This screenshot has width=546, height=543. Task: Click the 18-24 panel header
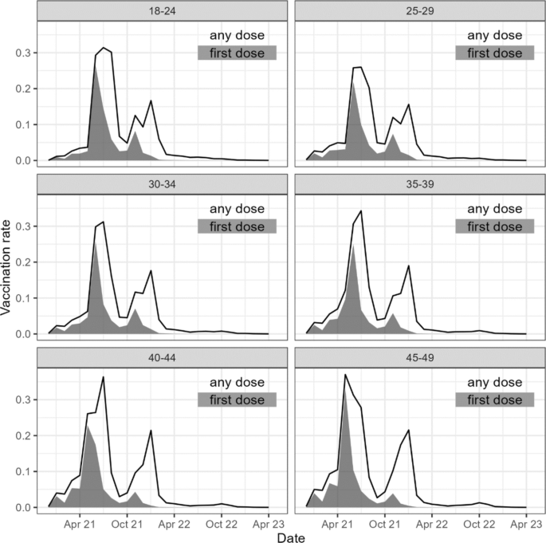pyautogui.click(x=158, y=11)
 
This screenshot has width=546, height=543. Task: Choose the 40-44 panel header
pyautogui.click(x=158, y=358)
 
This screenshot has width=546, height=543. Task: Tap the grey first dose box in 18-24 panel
pyautogui.click(x=237, y=53)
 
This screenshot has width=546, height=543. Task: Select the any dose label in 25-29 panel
pyautogui.click(x=495, y=35)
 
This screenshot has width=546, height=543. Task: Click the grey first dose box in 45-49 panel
pyautogui.click(x=495, y=399)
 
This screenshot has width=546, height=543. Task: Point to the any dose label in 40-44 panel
pyautogui.click(x=237, y=382)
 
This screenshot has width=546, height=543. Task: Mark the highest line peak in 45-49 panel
pyautogui.click(x=345, y=374)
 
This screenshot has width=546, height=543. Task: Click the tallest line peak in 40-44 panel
pyautogui.click(x=104, y=377)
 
